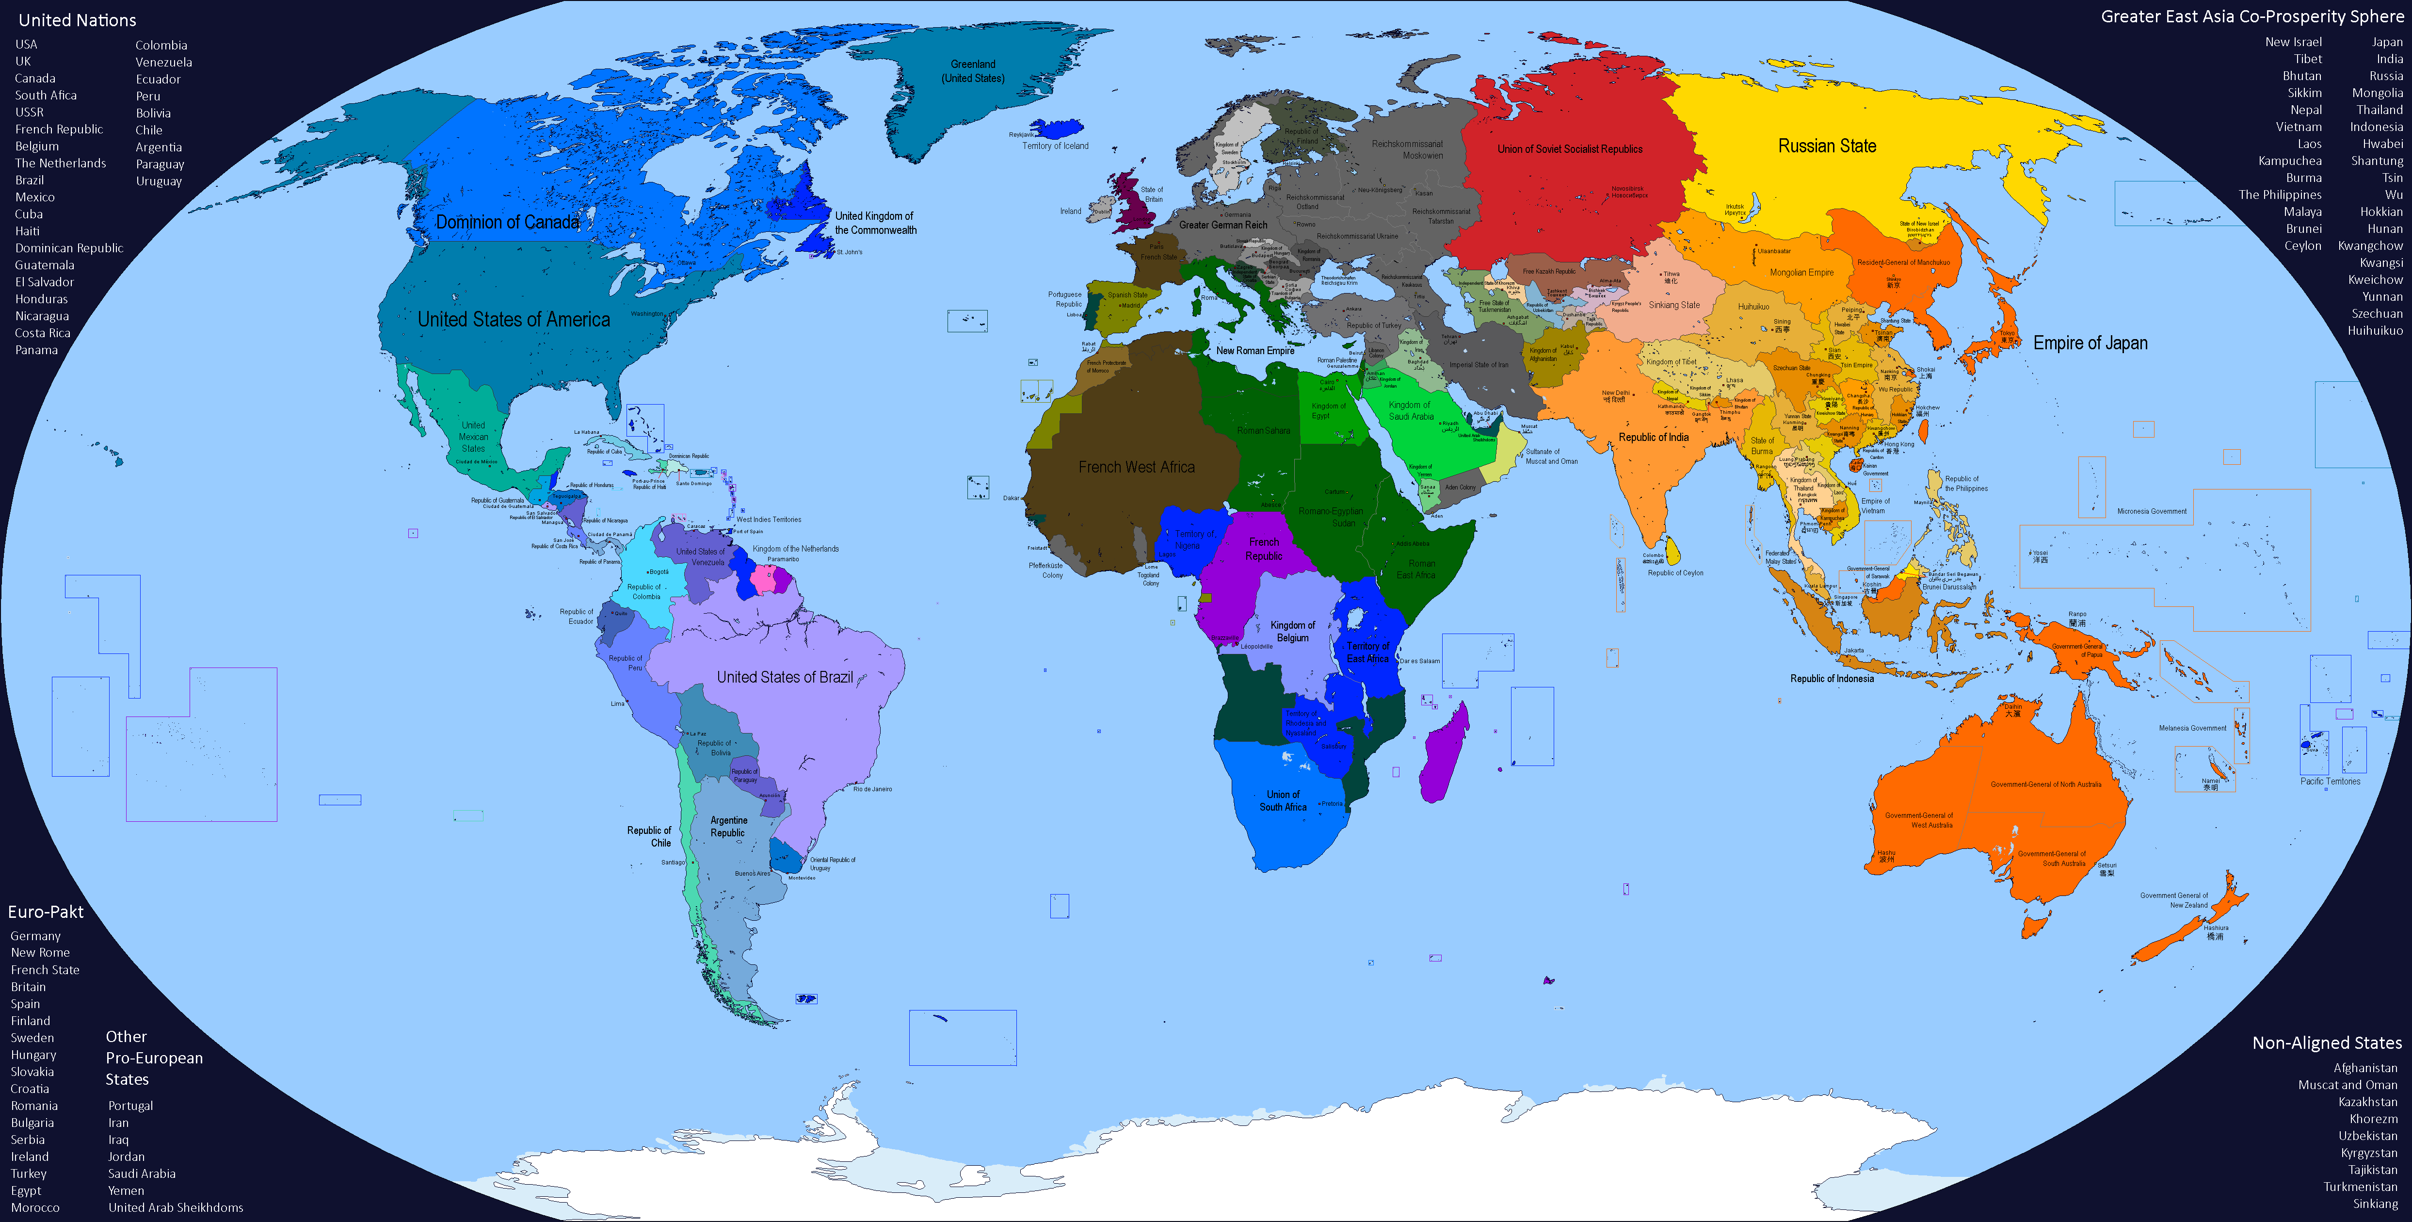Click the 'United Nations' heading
pos(77,20)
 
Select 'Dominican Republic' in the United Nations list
pos(68,248)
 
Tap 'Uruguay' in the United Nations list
pos(158,181)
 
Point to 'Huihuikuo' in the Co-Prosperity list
pos(2375,330)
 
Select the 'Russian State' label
pos(1827,146)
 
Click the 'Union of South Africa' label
pos(1283,800)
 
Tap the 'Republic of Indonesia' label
pos(1832,679)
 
